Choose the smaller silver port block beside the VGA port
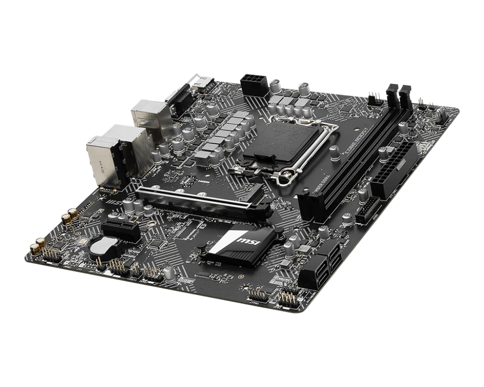(147, 114)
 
